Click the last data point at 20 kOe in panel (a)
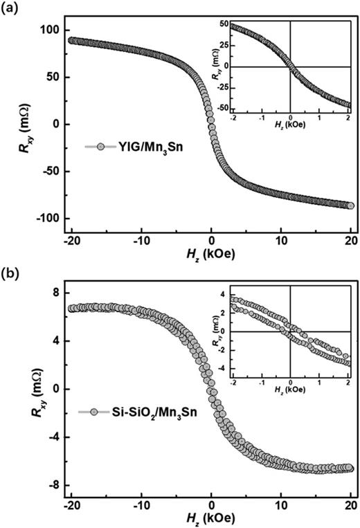click(x=350, y=206)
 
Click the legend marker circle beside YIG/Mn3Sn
click(x=101, y=147)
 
